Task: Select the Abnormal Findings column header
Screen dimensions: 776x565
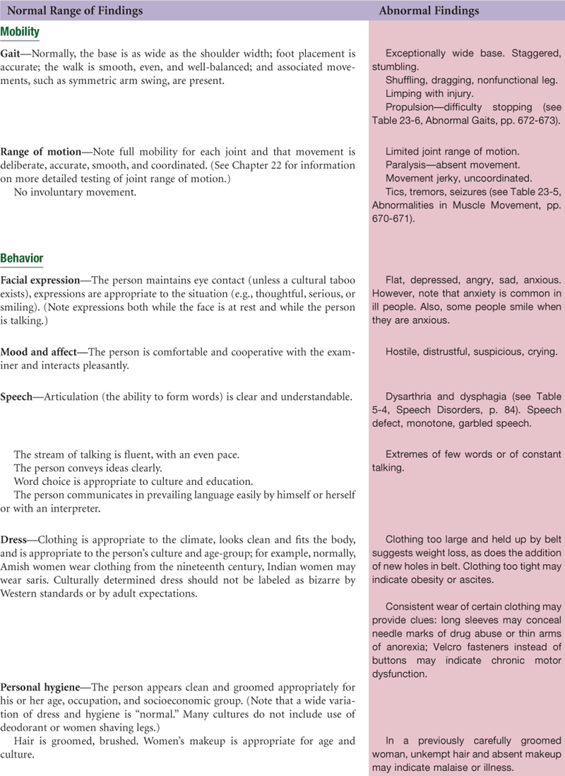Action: pyautogui.click(x=429, y=11)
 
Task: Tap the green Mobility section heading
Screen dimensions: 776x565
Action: pyautogui.click(x=20, y=33)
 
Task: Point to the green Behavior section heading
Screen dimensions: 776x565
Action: pyautogui.click(x=22, y=258)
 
